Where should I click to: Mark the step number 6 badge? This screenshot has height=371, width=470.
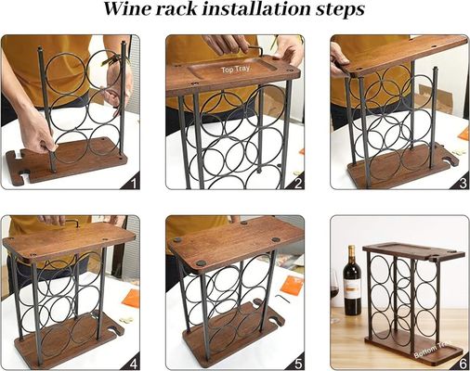click(461, 362)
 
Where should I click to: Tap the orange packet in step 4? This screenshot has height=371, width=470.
click(130, 297)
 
